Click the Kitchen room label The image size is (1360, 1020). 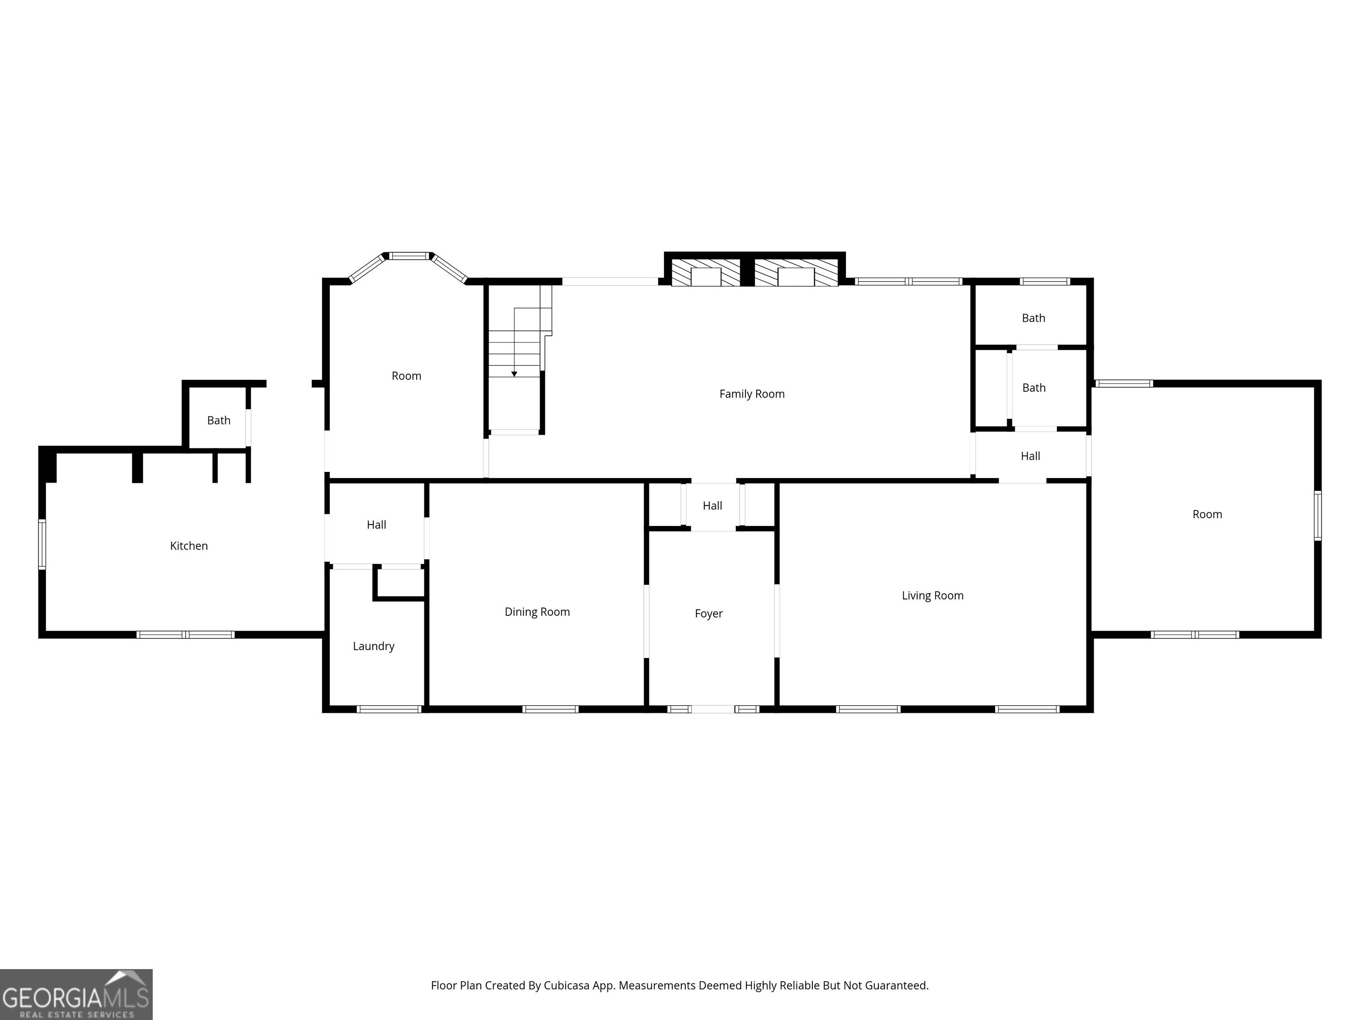coord(189,546)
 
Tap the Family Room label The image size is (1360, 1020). coord(752,394)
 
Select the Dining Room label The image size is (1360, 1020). coord(537,612)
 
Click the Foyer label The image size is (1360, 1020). coord(709,614)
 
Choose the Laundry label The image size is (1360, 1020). coord(374,646)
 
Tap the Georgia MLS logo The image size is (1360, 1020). coord(76,994)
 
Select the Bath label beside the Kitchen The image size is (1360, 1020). coord(219,421)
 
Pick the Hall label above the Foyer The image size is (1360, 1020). coord(713,506)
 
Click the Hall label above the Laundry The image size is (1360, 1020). coord(376,525)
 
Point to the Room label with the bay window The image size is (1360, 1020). coord(406,376)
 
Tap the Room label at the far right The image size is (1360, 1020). coord(1208,514)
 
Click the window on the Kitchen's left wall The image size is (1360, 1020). coord(42,544)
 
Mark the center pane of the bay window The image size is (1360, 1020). coord(409,256)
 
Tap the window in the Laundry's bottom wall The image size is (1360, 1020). coord(389,710)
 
